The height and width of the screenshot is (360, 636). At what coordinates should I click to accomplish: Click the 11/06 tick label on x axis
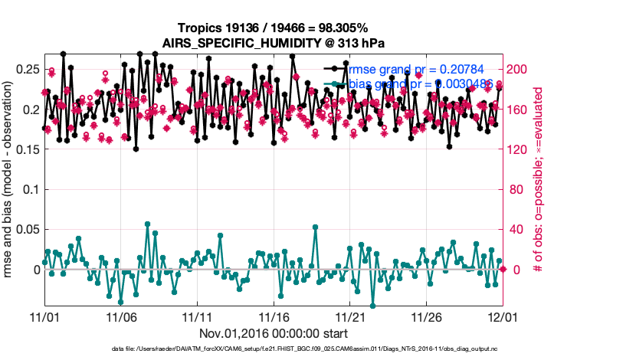pos(120,316)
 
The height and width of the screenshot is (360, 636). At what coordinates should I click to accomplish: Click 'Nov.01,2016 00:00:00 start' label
pos(274,333)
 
